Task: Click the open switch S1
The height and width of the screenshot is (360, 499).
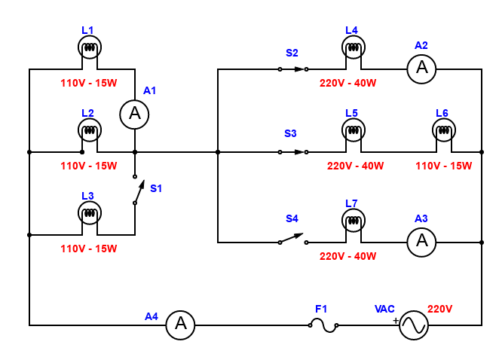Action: tap(139, 190)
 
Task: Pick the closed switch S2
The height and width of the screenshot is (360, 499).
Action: tap(293, 69)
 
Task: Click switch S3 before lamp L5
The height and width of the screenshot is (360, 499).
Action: tap(293, 152)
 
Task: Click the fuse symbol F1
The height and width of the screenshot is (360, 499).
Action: tap(323, 325)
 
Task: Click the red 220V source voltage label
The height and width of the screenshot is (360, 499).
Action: tap(439, 309)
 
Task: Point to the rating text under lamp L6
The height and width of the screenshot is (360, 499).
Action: tap(444, 166)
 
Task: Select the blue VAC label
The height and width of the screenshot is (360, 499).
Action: tap(384, 309)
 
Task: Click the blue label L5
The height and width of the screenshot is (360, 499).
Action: tap(352, 113)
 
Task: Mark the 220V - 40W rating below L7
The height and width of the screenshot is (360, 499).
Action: tap(347, 256)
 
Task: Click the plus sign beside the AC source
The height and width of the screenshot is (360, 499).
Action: tap(396, 321)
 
